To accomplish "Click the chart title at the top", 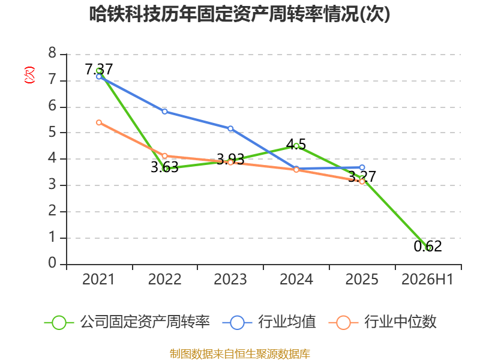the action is [x=239, y=14].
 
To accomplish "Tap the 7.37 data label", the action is [x=99, y=69].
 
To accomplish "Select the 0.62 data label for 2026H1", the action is [x=428, y=247].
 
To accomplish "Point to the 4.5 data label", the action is [x=296, y=145].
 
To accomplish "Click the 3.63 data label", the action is [x=164, y=167].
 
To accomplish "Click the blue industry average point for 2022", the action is [x=164, y=112].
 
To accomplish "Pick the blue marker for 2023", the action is [x=230, y=128].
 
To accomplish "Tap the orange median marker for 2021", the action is [x=99, y=122].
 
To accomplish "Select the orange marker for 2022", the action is [x=164, y=156].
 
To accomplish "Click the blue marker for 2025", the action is [x=362, y=167].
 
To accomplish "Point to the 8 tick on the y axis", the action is [x=52, y=53].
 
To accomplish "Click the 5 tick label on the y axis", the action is [x=52, y=132].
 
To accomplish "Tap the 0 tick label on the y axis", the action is [x=52, y=263].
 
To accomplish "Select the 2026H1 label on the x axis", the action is [x=427, y=280].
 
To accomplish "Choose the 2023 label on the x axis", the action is [x=230, y=280].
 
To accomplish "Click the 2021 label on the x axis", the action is [x=98, y=280].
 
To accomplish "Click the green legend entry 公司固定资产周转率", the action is [x=127, y=322].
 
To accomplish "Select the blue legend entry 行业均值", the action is [x=269, y=322].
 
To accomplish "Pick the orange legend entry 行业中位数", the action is [x=382, y=322].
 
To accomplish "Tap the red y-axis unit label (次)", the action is [x=29, y=75].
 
